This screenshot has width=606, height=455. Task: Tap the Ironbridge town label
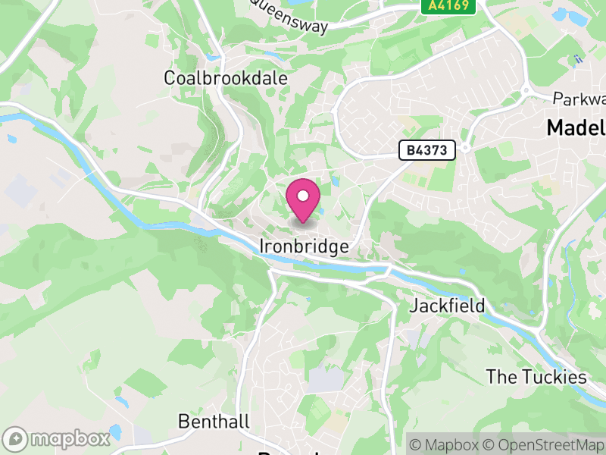[x=304, y=246]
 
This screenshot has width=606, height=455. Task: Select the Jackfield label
[x=447, y=306]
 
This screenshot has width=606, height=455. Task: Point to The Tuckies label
[x=536, y=377]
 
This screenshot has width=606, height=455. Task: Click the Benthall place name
[x=213, y=421]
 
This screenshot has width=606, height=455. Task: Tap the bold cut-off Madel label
[x=576, y=128]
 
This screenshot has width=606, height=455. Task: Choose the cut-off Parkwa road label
[x=579, y=99]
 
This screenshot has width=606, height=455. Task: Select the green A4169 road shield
[x=448, y=6]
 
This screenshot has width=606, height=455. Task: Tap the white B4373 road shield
[x=427, y=151]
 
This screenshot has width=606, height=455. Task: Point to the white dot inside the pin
[x=303, y=196]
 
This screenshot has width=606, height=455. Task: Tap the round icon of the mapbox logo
[x=16, y=438]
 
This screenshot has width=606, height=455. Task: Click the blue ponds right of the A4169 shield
[x=564, y=15]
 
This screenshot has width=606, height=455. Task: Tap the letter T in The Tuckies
[x=492, y=377]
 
